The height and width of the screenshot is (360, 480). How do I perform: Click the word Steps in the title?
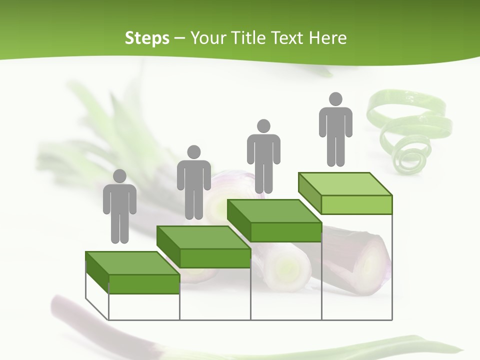(147, 38)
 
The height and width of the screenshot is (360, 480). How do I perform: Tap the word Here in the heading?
(327, 38)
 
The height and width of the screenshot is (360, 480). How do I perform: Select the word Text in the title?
(288, 38)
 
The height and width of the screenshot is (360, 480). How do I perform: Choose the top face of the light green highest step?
(345, 184)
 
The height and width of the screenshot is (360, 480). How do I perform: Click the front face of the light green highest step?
(356, 204)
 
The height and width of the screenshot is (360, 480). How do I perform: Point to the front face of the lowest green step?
(144, 284)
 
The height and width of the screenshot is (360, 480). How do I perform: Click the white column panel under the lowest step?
(144, 306)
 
